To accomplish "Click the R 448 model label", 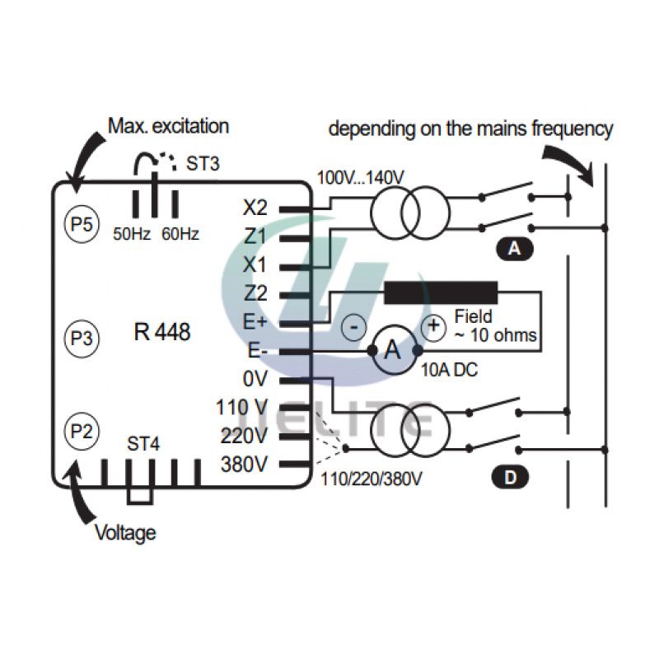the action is click(161, 332).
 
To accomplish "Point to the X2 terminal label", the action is click(255, 208).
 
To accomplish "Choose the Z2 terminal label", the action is click(255, 293).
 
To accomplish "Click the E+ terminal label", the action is click(255, 322).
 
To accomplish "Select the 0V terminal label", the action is click(255, 380).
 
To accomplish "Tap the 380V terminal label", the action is click(244, 465).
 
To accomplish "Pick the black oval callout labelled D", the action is click(510, 478).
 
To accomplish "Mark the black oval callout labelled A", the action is click(515, 249).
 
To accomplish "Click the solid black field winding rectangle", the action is click(441, 292).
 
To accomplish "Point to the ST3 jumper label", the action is click(203, 163).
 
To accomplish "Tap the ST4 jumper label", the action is click(143, 444).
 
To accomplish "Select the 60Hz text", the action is click(180, 234).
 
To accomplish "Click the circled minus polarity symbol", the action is click(354, 327).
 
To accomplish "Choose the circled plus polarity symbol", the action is click(433, 326).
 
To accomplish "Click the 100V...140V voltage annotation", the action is click(360, 178).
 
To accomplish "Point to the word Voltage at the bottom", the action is click(125, 533).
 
